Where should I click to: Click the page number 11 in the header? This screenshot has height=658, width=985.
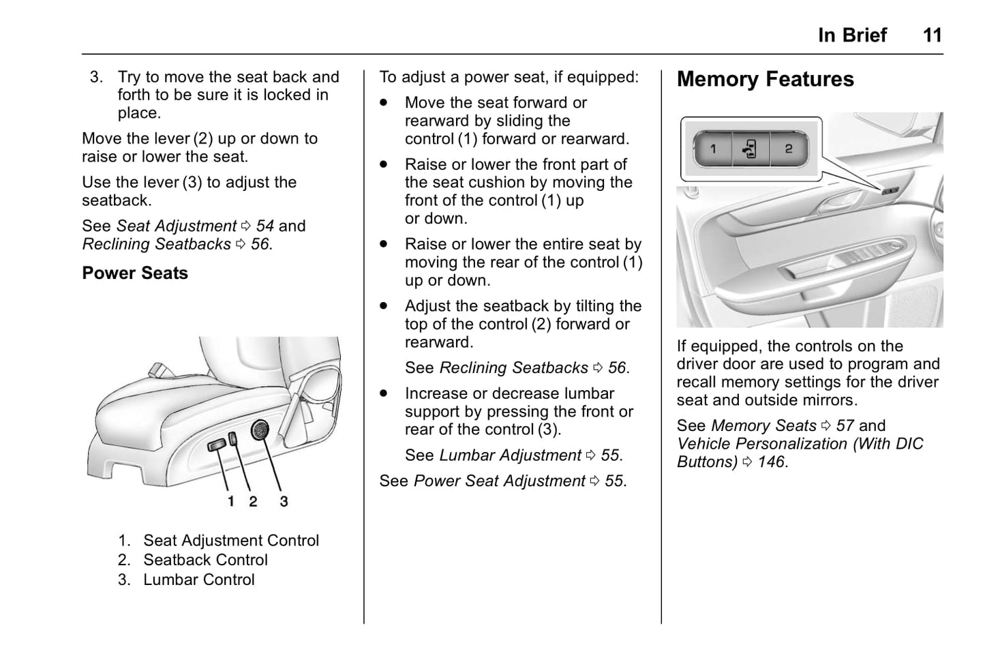(933, 35)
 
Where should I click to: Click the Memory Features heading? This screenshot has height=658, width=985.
(765, 79)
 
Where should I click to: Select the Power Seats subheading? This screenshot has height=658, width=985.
(135, 273)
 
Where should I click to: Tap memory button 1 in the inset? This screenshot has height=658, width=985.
(713, 149)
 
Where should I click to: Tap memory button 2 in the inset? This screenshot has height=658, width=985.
(788, 149)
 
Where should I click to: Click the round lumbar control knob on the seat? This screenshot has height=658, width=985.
(260, 430)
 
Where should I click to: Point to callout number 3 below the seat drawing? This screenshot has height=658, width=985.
(284, 502)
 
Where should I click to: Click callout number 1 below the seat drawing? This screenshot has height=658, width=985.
(231, 502)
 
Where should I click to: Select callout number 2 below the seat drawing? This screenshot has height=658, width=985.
(253, 502)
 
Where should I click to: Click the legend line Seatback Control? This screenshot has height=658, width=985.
(205, 560)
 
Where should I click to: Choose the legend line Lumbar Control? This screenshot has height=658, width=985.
(198, 580)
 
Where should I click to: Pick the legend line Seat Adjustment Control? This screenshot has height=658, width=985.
(230, 540)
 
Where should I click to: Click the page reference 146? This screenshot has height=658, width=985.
(771, 462)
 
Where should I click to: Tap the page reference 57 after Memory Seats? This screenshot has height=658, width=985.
(845, 425)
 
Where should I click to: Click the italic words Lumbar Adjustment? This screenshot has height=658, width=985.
(510, 455)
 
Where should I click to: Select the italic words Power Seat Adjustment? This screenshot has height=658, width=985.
(499, 481)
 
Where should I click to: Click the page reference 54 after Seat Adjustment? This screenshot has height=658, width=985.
(264, 226)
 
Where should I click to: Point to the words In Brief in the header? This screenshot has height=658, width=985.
(852, 35)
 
